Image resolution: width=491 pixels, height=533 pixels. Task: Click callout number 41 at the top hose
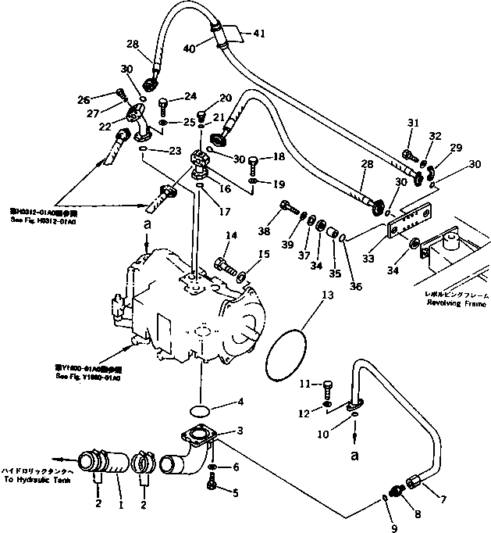[x=258, y=34]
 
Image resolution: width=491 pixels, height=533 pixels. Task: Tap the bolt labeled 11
[x=327, y=386]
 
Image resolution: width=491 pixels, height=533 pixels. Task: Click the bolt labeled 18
[x=254, y=164]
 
